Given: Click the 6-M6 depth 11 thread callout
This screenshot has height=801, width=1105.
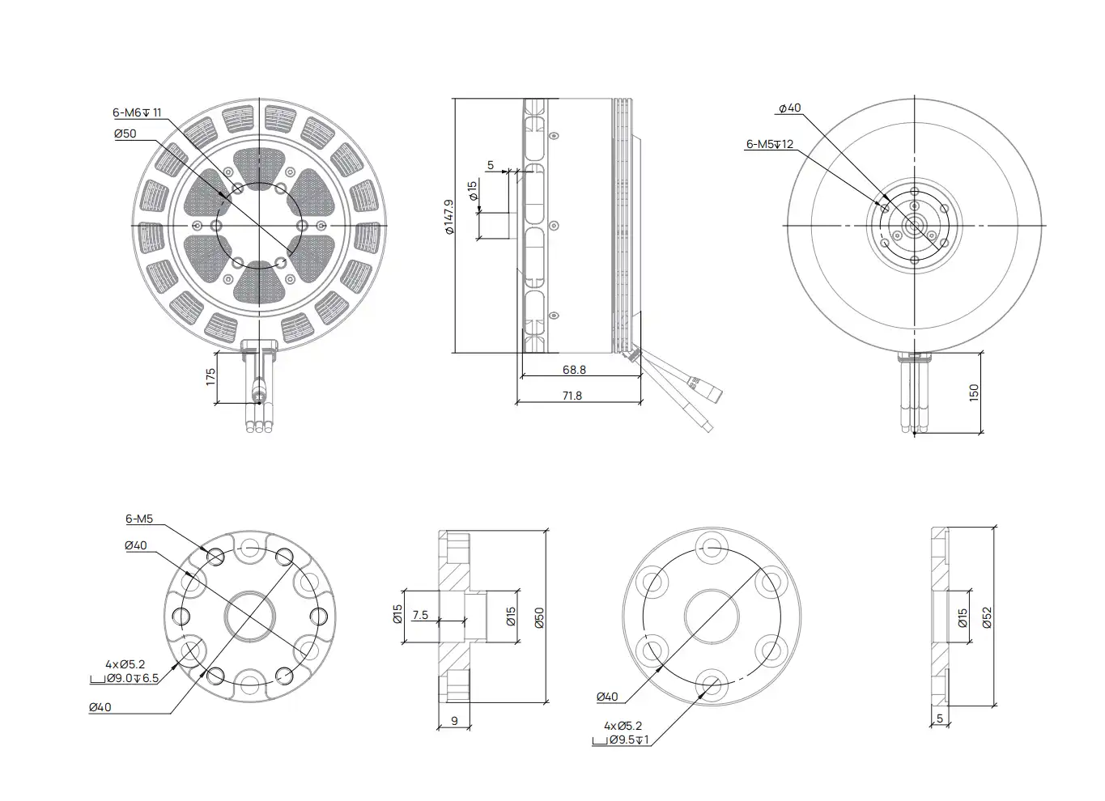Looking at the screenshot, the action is point(137,113).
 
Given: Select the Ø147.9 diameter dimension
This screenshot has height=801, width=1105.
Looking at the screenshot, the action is point(449,217).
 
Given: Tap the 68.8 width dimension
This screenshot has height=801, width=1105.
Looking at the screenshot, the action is point(574,370).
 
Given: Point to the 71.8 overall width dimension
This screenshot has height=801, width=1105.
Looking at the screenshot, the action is point(572,396).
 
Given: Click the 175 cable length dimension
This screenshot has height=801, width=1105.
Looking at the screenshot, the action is point(210,377).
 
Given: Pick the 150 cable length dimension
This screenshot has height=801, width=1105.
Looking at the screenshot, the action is point(974,393).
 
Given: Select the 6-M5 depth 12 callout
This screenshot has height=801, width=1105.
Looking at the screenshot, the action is point(770,145).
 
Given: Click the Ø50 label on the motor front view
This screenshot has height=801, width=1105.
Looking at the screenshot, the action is point(125,133).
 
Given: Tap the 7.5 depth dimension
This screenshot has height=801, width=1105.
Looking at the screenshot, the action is point(420,615).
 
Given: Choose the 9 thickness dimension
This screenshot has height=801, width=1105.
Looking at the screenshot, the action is point(454,721).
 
